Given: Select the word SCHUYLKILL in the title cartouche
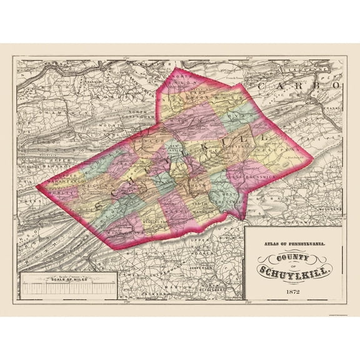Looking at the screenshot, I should pyautogui.click(x=296, y=270).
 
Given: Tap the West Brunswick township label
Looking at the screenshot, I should pyautogui.click(x=229, y=201).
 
